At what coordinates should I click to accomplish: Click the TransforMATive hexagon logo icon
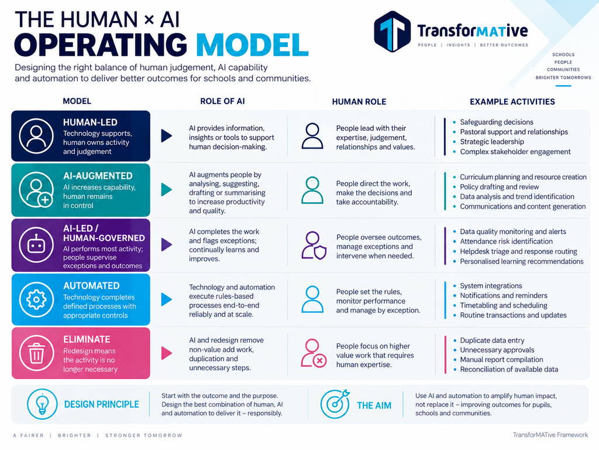(392, 32)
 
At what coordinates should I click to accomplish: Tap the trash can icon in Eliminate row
(37, 353)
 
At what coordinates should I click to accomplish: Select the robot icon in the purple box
(37, 245)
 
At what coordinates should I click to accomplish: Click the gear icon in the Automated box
(37, 299)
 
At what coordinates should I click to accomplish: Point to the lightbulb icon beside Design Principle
(42, 404)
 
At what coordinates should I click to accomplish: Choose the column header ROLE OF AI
(223, 101)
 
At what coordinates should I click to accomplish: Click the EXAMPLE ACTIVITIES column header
(512, 102)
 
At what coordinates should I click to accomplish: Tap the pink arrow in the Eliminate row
(167, 353)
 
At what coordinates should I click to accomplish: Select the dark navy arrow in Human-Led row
(167, 136)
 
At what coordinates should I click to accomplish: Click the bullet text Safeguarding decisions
(497, 122)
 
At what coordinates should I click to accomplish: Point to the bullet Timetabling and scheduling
(504, 305)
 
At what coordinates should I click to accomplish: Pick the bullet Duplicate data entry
(492, 340)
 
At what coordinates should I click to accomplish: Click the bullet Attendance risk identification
(506, 241)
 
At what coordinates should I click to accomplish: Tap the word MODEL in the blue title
(253, 45)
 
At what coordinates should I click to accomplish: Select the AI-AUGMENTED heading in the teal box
(98, 176)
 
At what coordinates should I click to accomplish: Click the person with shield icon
(314, 246)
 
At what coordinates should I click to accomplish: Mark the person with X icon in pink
(314, 353)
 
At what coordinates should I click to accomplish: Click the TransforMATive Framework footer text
(550, 435)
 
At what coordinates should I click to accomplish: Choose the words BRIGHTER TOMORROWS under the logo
(563, 78)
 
